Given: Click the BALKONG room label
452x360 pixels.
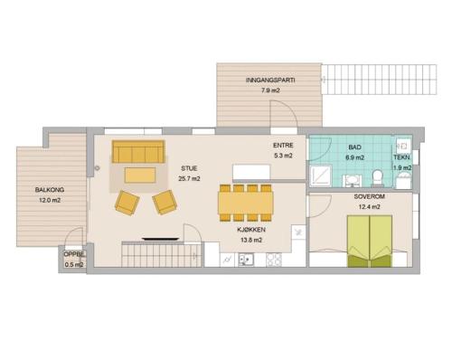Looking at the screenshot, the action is pos(50,190).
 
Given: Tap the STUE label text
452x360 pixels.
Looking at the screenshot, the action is pos(189,168).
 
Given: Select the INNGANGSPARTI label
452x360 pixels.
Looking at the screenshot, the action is pos(270,81).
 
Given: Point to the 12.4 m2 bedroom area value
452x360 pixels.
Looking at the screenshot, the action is pos(369,207).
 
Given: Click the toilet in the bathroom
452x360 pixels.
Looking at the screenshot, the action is pos(377,177).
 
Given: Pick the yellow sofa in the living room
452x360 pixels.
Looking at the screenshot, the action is pos(138,151).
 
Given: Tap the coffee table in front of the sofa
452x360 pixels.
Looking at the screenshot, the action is pos(140,175).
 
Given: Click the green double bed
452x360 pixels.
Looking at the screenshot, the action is pos(370,242).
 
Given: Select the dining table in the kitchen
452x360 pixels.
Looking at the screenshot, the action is pos(246,203).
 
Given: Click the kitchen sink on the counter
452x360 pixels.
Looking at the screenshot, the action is pos(246,260).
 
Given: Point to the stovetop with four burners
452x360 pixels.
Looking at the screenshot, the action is pos(274,260).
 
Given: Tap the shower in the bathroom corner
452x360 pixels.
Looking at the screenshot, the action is pos(321,175).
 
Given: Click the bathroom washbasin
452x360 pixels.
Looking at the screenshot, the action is pos(352,180).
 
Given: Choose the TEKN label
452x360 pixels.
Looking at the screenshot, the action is pos(401,157).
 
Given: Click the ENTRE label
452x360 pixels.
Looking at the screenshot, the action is pos(283,146).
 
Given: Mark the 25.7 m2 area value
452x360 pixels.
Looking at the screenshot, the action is pos(189,179).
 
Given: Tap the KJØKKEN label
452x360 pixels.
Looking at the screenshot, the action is pos(251,230).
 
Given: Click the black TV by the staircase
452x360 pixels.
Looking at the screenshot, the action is pos(160,240).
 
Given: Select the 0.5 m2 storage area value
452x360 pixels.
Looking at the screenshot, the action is pos(74,265).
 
